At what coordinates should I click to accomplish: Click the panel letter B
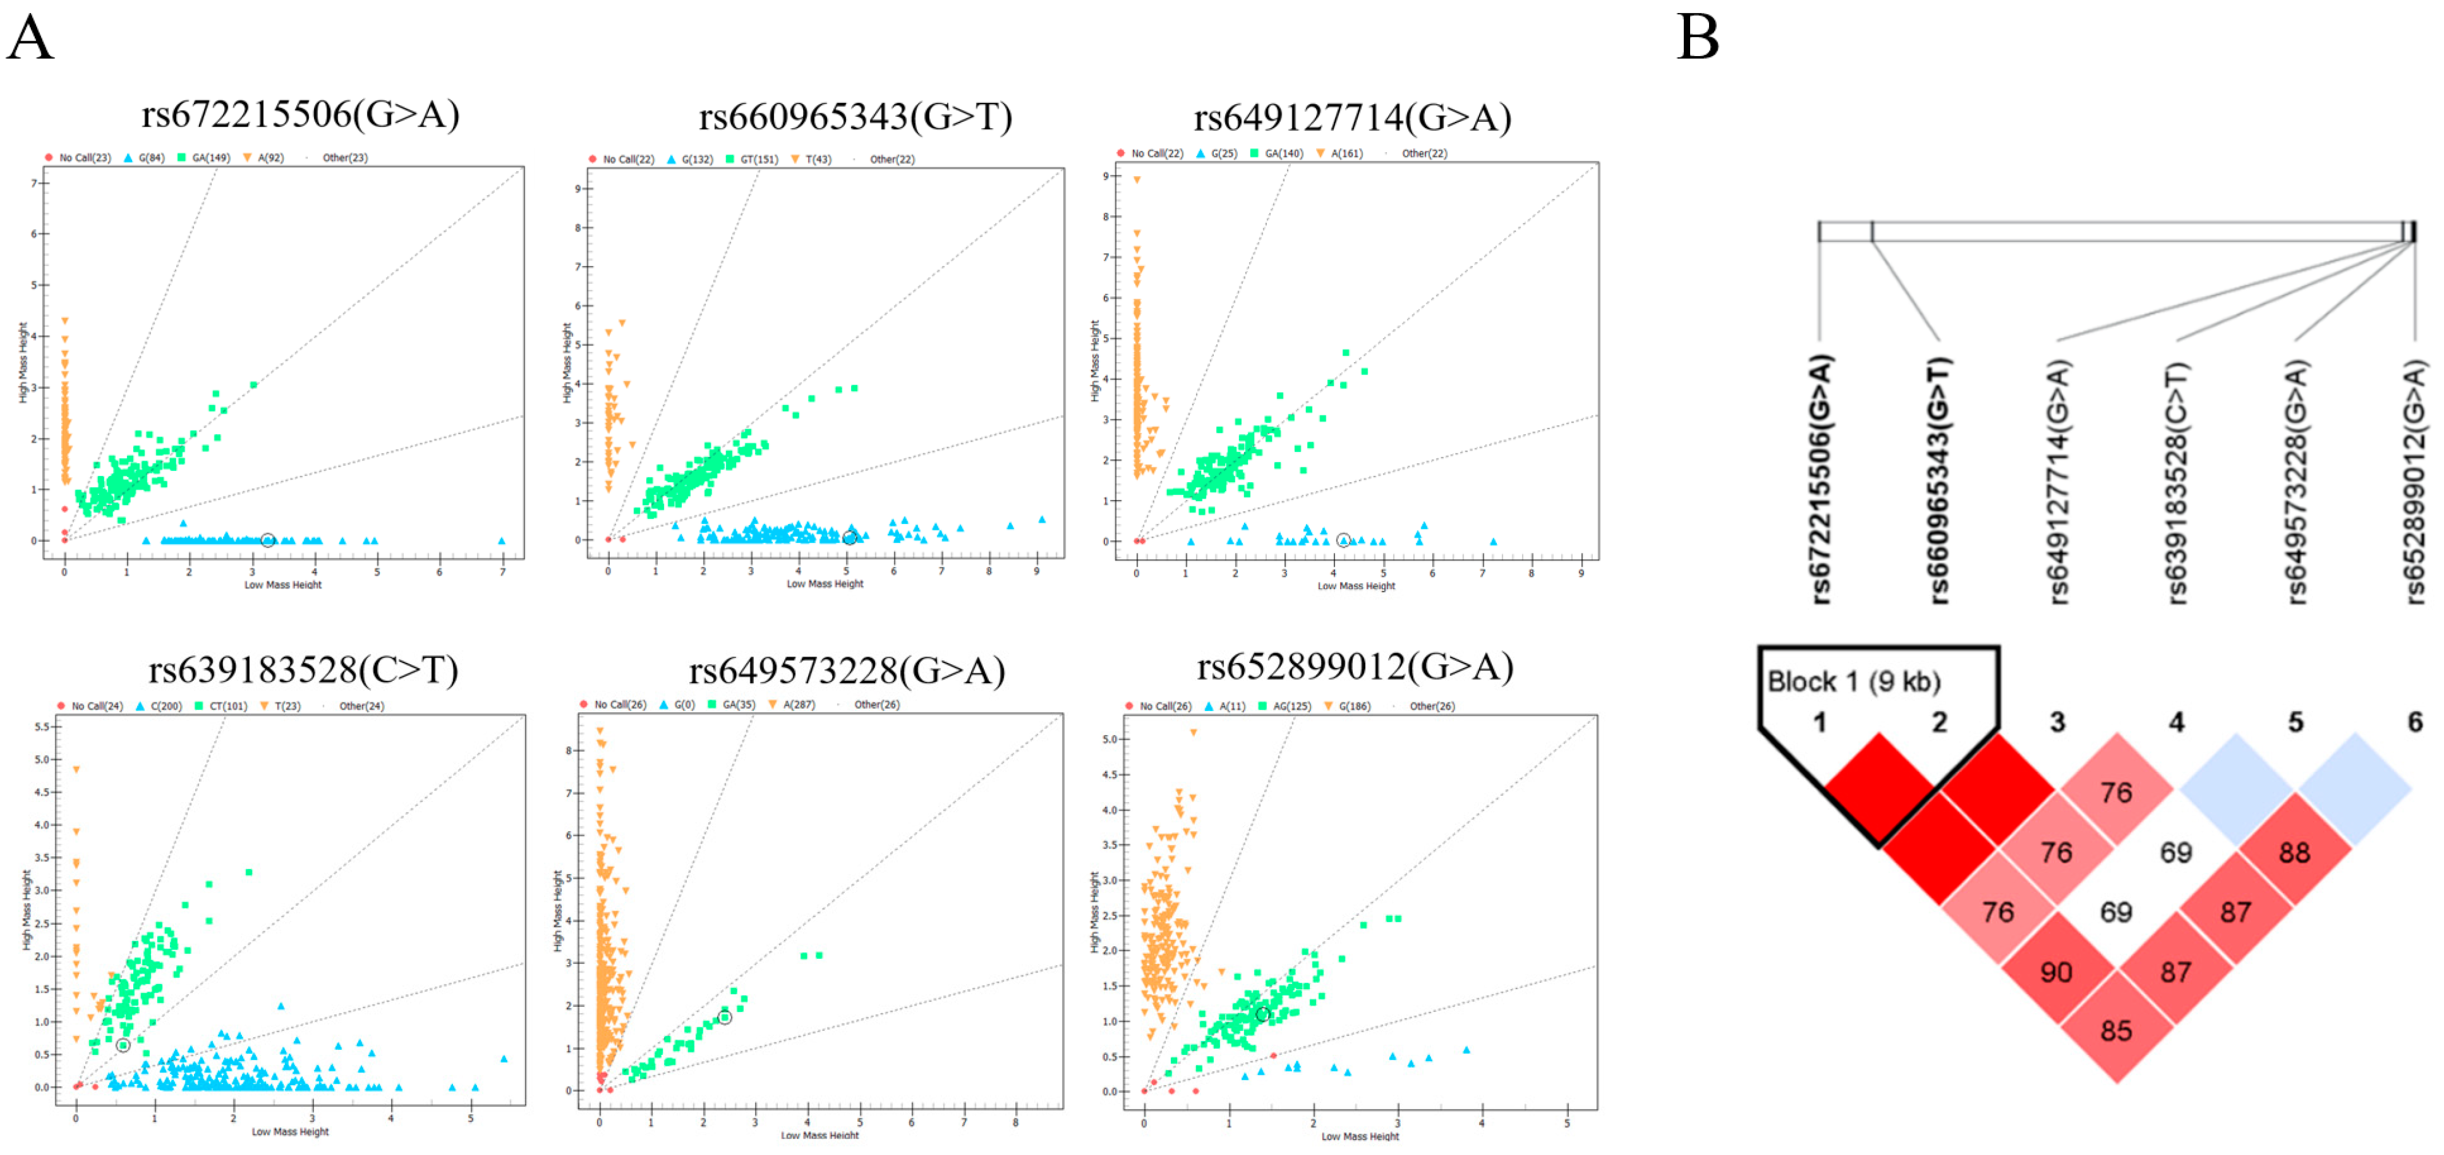(1698, 38)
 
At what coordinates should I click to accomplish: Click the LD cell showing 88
(2294, 852)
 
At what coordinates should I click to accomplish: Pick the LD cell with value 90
(2056, 972)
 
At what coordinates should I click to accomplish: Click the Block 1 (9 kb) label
(1853, 681)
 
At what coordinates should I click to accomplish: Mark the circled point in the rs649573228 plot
(725, 1017)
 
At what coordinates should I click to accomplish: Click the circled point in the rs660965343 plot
(849, 538)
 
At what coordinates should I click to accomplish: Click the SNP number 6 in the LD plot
(2415, 722)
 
